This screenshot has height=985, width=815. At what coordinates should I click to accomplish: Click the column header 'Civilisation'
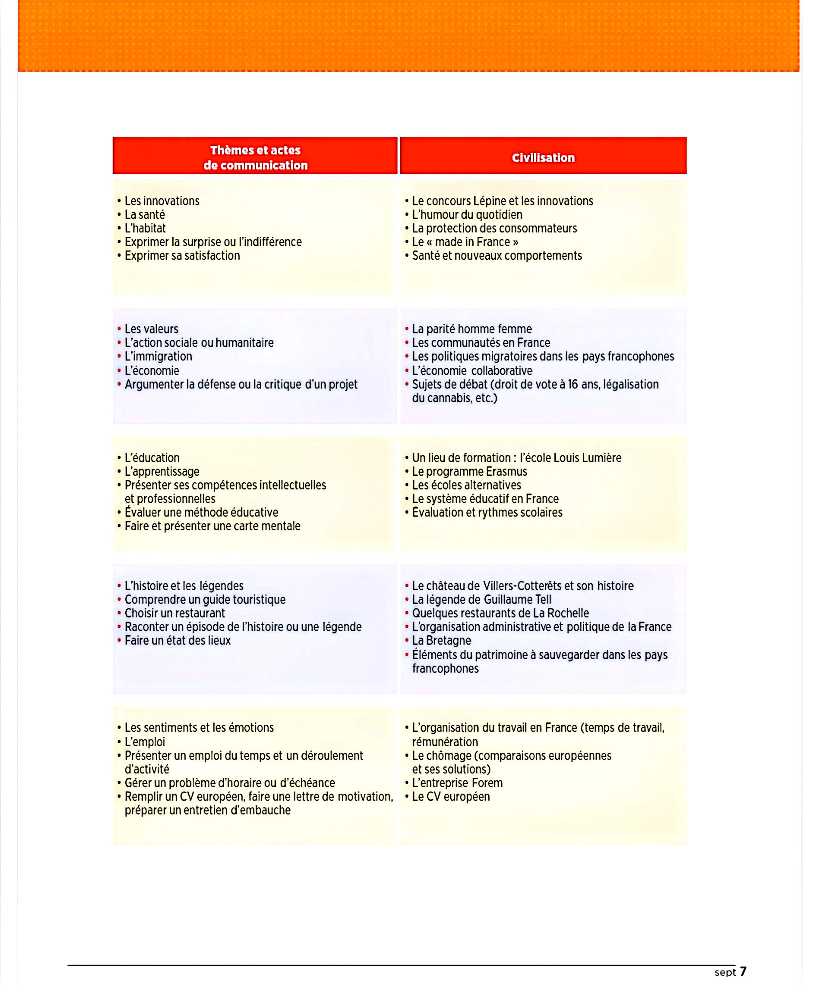543,158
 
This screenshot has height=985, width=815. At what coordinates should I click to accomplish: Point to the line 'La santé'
144,215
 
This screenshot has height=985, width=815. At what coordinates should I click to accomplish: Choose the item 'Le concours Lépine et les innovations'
502,201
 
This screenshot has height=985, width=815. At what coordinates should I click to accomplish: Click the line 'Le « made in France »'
465,242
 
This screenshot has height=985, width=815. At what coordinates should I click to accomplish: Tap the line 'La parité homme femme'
472,329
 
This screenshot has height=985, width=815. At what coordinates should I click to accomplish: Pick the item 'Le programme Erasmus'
469,471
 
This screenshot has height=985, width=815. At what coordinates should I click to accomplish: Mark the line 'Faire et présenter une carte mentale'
212,526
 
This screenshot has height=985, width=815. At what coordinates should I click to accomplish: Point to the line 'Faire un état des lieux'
177,641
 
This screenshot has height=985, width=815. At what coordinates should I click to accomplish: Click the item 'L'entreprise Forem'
457,783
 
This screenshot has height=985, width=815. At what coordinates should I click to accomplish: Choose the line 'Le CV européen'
451,797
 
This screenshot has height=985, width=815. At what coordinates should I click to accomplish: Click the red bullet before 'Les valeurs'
119,329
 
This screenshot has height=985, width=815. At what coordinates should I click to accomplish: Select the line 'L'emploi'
144,742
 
